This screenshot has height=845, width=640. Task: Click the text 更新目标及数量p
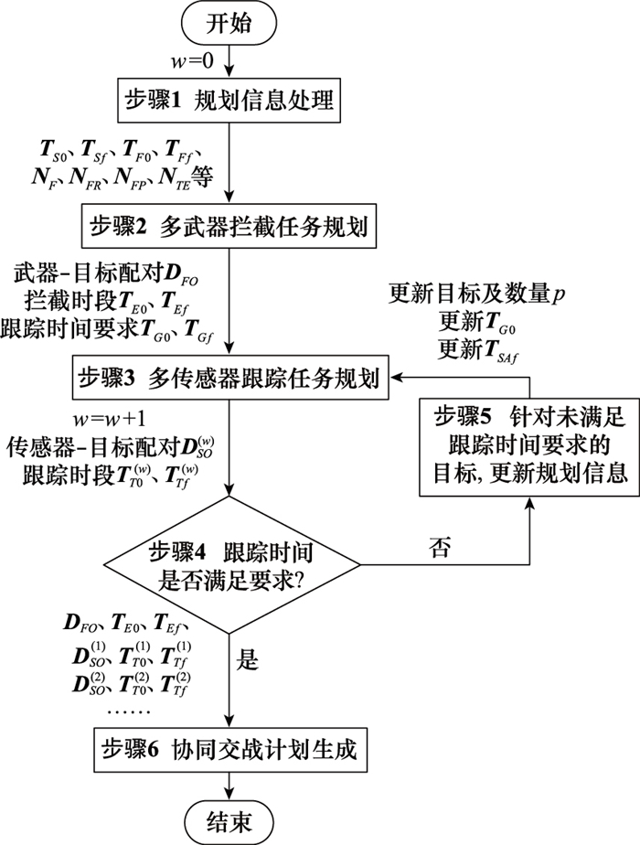coord(467,294)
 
